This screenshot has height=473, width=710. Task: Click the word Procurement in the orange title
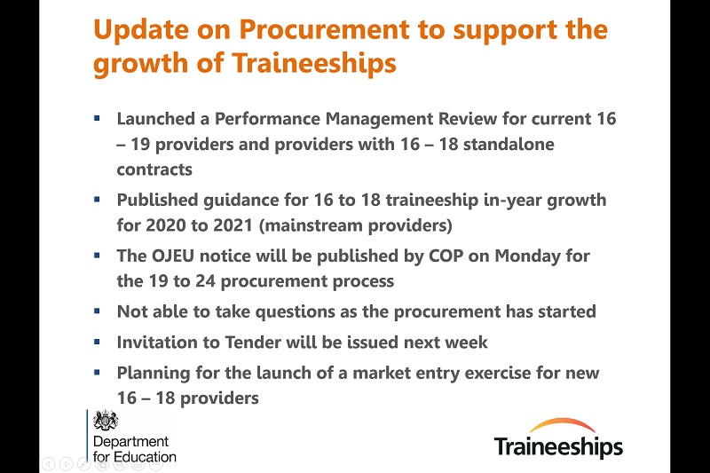pyautogui.click(x=324, y=29)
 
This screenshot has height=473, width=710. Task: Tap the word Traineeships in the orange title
pyautogui.click(x=314, y=63)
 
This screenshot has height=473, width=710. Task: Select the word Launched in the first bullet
pyautogui.click(x=156, y=119)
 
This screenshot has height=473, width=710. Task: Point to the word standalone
pyautogui.click(x=509, y=144)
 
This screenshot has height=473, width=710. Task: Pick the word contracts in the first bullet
pyautogui.click(x=154, y=169)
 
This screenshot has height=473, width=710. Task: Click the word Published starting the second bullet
pyautogui.click(x=157, y=200)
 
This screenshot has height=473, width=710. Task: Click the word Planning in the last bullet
pyautogui.click(x=154, y=374)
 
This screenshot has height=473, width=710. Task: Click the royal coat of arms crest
pyautogui.click(x=106, y=421)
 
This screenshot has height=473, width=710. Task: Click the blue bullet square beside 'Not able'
pyautogui.click(x=97, y=311)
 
